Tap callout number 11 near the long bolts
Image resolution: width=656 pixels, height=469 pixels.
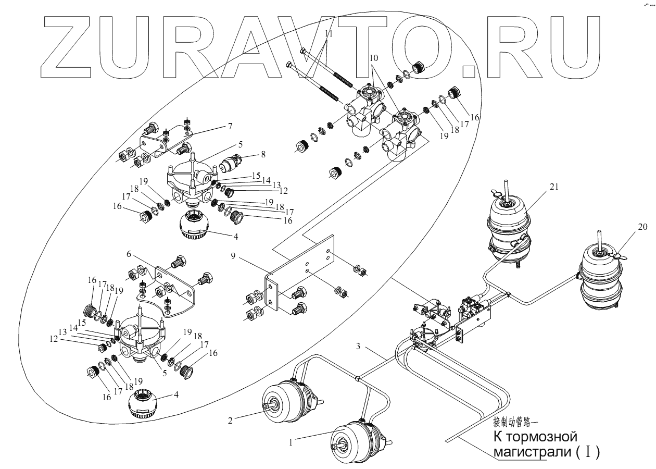point(328,32)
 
